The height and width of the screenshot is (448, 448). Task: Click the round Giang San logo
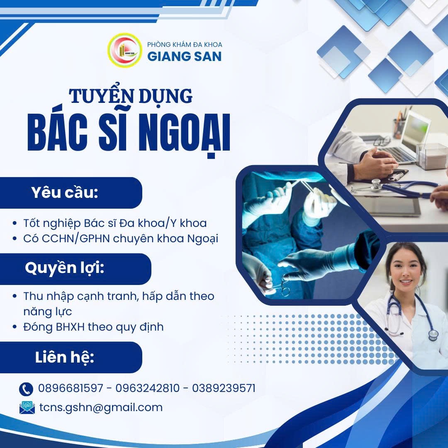(x=124, y=50)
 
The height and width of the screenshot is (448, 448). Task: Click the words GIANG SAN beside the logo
(x=185, y=56)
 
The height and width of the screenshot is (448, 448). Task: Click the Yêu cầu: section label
(x=64, y=193)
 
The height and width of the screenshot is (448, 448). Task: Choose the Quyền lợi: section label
(x=64, y=268)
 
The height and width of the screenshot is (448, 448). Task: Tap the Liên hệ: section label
(x=64, y=357)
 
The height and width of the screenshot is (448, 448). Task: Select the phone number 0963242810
(x=148, y=388)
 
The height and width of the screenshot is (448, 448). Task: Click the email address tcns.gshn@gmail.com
(x=101, y=407)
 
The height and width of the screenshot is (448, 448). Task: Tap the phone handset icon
(x=26, y=389)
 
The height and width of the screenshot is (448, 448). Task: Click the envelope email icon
(x=27, y=407)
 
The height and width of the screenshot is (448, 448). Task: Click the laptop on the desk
(x=409, y=137)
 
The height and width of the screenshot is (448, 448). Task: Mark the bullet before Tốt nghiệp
(x=15, y=224)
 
